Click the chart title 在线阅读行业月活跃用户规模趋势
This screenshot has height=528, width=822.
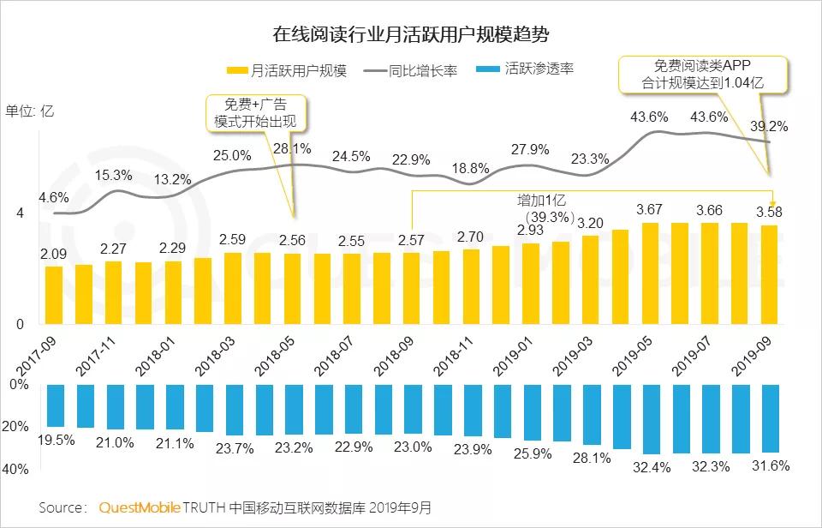tap(411, 35)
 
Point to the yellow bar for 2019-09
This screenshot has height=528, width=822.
tap(769, 274)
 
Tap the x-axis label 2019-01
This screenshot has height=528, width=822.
tap(514, 355)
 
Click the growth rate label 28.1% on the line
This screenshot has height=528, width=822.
tap(292, 149)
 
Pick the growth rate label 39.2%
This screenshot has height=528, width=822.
tap(768, 126)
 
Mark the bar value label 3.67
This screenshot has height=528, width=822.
tap(649, 209)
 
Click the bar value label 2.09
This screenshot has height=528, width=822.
tap(54, 254)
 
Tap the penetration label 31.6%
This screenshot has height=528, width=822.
tap(768, 465)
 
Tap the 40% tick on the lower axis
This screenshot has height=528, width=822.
tap(19, 470)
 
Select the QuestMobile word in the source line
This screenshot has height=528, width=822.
tap(140, 507)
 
